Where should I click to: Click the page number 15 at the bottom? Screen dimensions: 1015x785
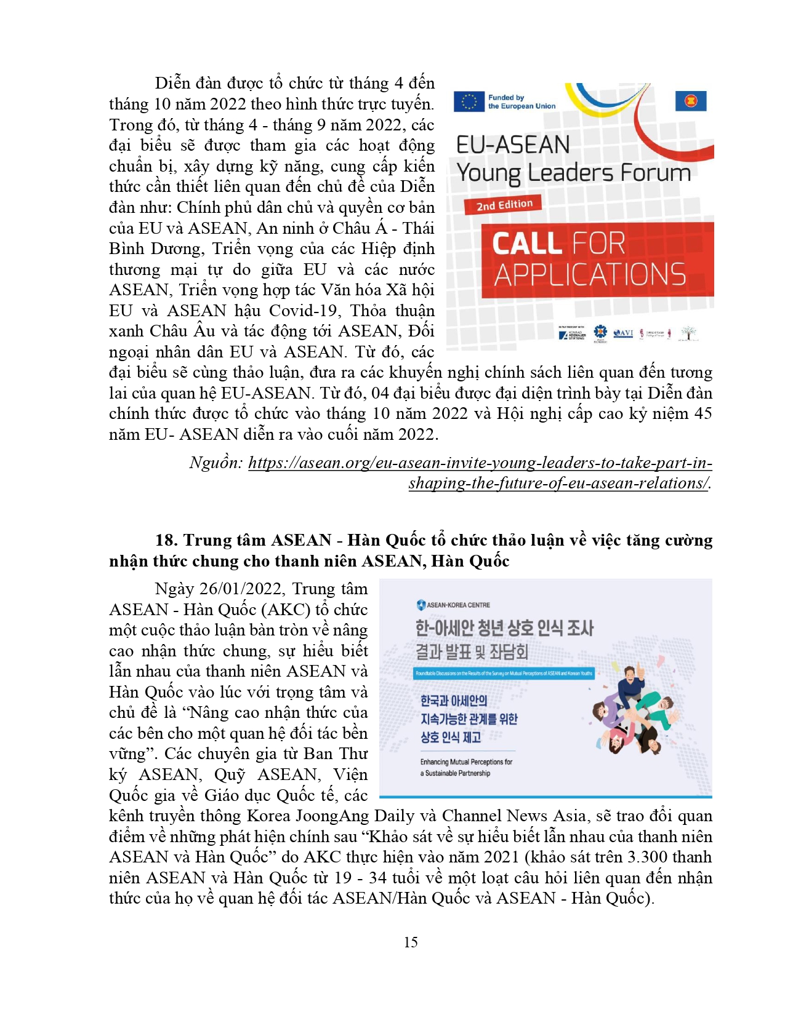(411, 942)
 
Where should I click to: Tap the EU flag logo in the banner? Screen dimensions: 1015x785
(469, 102)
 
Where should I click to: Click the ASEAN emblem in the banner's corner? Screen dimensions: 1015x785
(691, 100)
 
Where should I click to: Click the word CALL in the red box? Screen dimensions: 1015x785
(525, 244)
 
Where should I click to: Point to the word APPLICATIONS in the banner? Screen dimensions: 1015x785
(590, 275)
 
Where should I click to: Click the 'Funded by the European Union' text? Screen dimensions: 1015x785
(521, 102)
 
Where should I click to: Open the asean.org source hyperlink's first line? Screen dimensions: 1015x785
(480, 463)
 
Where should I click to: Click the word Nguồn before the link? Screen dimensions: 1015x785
(216, 463)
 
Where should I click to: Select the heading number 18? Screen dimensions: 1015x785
(166, 540)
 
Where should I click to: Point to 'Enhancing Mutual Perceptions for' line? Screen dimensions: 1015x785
(466, 762)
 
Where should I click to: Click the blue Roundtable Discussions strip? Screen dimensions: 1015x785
(504, 673)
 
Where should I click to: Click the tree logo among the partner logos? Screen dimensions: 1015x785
(688, 333)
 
